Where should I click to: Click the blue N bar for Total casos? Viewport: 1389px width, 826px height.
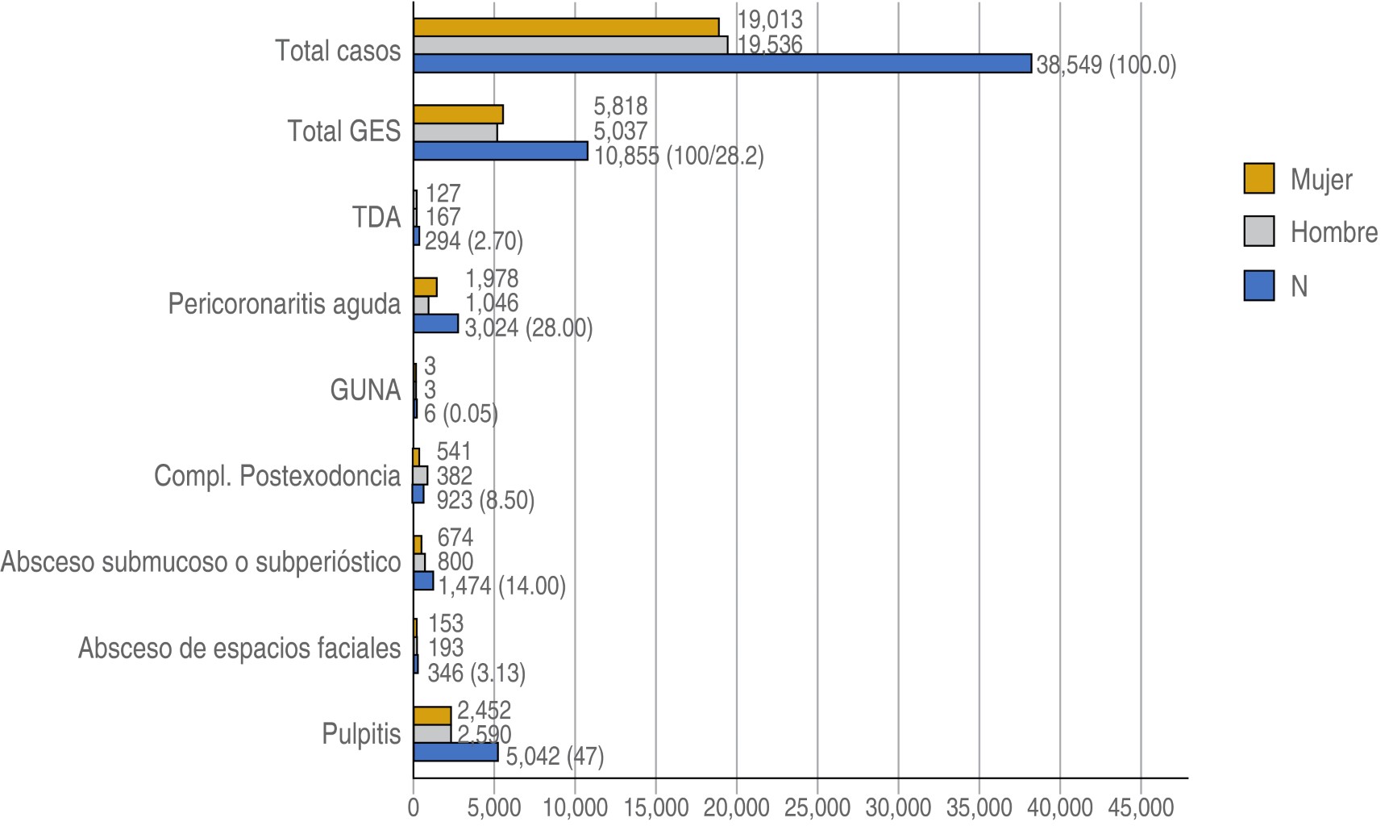722,64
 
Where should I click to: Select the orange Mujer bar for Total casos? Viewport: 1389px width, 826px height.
566,27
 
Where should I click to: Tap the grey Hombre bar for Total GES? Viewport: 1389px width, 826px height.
455,132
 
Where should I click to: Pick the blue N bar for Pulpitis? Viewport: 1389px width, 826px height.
455,753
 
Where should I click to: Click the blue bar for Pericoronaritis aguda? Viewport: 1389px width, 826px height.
435,323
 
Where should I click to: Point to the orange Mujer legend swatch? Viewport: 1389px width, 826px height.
1258,179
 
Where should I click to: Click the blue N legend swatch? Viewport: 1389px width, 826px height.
1258,286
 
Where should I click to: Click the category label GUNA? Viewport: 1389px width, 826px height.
365,390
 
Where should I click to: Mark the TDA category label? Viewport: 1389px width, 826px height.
376,218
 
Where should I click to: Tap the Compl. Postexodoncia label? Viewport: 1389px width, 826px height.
277,476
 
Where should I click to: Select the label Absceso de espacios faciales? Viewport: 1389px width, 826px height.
239,649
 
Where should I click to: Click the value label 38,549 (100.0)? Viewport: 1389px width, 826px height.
1106,65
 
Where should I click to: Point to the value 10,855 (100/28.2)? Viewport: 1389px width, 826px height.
679,156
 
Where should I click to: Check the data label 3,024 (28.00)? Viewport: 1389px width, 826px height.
529,328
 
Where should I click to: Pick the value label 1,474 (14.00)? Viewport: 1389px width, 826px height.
502,586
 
